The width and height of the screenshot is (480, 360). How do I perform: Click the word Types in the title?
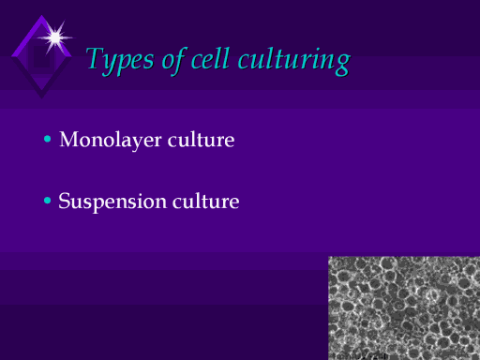tap(120, 60)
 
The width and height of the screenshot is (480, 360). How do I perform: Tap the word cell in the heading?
tap(210, 58)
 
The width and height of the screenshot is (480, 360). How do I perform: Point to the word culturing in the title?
tap(294, 61)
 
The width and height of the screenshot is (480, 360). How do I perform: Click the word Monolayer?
tap(111, 140)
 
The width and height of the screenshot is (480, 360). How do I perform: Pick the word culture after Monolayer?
tap(201, 140)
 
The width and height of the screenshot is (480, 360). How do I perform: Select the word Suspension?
tap(112, 202)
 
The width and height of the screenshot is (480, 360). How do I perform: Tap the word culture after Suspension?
tap(206, 201)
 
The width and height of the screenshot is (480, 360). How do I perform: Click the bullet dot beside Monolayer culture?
tap(48, 139)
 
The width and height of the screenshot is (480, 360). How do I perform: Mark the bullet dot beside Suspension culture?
tap(48, 201)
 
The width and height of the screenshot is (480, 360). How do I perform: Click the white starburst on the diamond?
tap(55, 37)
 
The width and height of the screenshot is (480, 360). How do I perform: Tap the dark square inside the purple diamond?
tap(41, 57)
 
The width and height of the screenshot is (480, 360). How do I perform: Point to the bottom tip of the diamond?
tap(41, 98)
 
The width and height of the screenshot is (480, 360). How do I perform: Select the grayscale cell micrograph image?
tap(404, 307)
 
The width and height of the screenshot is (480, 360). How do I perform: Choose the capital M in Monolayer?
tap(70, 139)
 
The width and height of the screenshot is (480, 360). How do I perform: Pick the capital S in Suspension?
tap(65, 201)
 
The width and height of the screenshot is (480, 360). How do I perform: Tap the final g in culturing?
tap(343, 65)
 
